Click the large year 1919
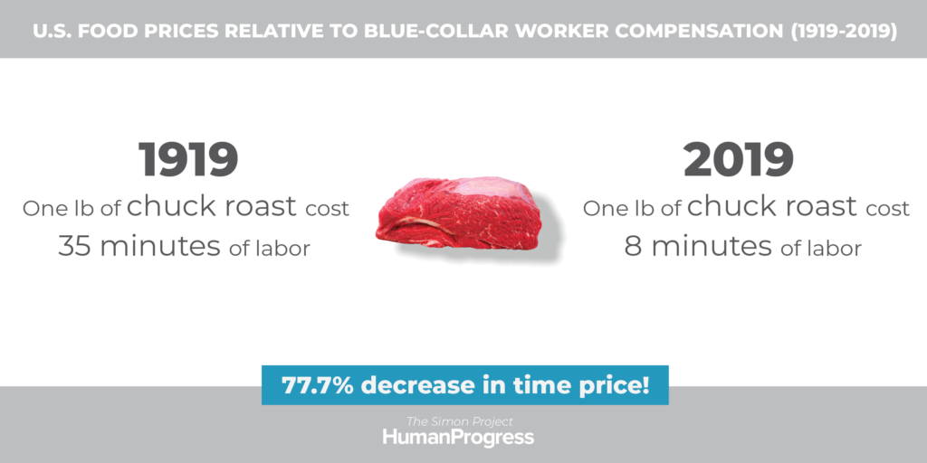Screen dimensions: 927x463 coord(188,159)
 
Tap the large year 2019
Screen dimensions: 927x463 coord(739,159)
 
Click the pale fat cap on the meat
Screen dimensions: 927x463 coord(490,188)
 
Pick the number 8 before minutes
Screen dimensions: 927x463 coord(633,246)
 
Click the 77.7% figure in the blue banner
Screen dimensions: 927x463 coord(318,385)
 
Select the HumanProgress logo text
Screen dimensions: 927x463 coord(458,438)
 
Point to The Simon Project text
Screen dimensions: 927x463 coord(459,421)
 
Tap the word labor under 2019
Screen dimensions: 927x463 coord(838,248)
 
